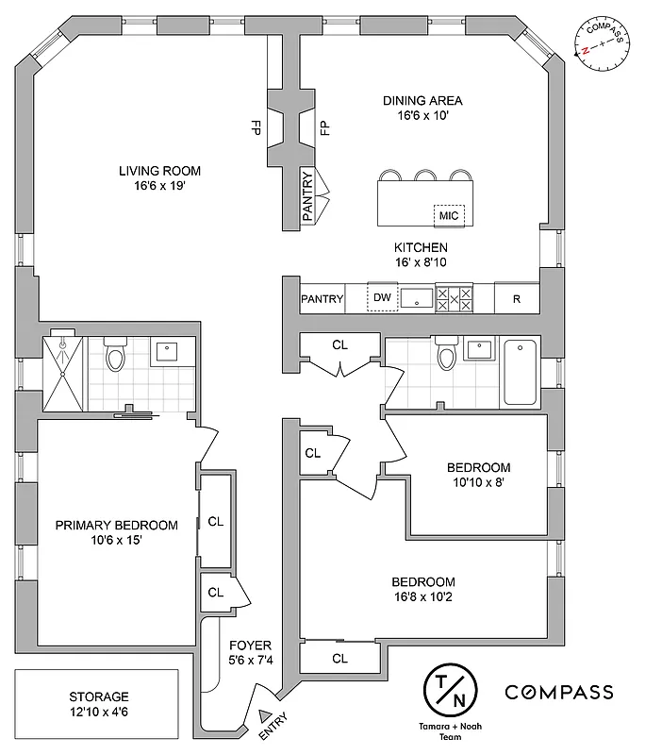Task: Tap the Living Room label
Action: pos(159,178)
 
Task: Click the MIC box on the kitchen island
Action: pos(449,215)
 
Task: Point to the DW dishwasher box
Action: pos(382,298)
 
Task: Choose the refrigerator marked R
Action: pos(517,299)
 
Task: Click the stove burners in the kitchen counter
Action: pos(459,298)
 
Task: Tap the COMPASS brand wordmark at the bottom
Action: pos(559,692)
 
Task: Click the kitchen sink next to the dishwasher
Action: pos(416,298)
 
